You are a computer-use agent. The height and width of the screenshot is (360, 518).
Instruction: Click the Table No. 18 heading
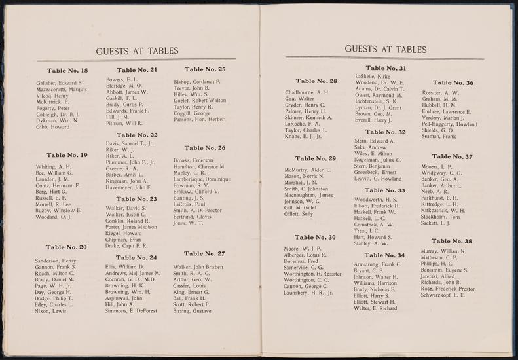(x=67, y=70)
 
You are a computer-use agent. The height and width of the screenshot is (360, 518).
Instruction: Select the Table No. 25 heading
(x=205, y=69)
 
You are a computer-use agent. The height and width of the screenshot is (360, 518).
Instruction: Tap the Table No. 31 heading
(x=386, y=68)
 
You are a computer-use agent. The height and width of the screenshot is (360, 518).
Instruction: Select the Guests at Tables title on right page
(x=385, y=48)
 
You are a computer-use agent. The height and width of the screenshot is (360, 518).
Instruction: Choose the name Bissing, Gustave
(x=193, y=312)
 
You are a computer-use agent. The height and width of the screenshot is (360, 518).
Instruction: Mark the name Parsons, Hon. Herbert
(x=200, y=119)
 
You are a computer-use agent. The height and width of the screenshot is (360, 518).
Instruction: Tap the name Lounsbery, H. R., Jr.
(x=309, y=293)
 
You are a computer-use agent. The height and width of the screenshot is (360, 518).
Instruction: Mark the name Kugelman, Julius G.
(x=378, y=160)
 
